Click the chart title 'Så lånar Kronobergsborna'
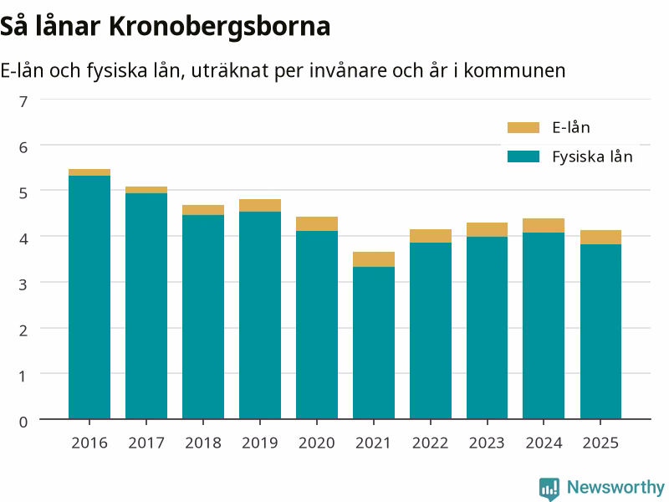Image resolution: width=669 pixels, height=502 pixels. (165, 27)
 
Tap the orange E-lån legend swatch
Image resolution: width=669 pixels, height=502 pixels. (523, 128)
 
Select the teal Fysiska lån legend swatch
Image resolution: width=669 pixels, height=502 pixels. (523, 156)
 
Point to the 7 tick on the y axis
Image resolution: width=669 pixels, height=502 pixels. (23, 101)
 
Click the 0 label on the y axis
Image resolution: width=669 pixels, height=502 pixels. (23, 422)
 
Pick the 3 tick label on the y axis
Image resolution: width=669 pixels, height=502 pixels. (23, 284)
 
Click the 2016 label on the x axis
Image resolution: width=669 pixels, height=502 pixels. (89, 443)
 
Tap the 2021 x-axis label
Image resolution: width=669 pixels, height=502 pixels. (373, 443)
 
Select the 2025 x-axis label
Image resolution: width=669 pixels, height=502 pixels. (600, 443)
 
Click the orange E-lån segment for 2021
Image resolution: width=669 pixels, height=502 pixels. (373, 259)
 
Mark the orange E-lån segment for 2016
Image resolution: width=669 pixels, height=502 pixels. (89, 172)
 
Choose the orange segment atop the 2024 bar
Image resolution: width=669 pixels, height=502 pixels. (543, 225)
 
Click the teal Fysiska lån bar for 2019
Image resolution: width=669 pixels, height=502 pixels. (260, 315)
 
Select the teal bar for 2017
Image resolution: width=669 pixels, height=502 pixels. (146, 306)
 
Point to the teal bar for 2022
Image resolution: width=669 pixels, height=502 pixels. (431, 330)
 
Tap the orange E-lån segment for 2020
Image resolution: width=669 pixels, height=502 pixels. (317, 224)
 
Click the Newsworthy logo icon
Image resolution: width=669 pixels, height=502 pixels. (549, 489)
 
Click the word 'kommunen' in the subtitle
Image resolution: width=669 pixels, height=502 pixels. (514, 70)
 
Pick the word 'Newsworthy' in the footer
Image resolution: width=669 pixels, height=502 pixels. (615, 487)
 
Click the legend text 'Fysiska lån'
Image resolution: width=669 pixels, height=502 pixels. (592, 156)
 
